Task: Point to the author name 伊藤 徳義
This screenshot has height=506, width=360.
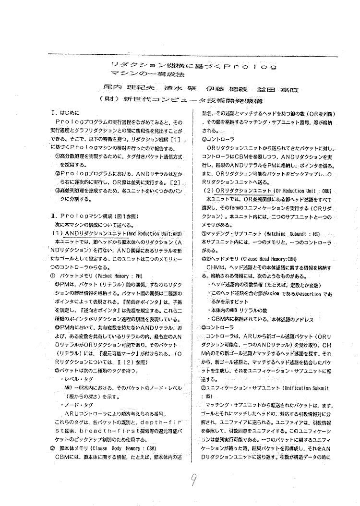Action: coord(219,89)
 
